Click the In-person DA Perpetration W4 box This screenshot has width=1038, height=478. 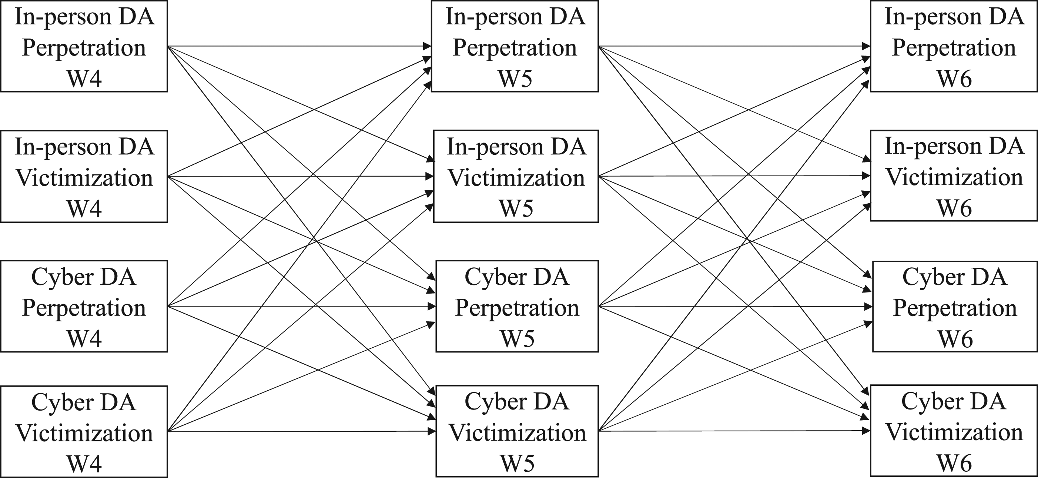[x=84, y=46]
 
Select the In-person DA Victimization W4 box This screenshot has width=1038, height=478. [x=84, y=176]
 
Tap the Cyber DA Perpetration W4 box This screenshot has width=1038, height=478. [x=84, y=306]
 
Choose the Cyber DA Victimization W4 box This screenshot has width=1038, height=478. [x=84, y=432]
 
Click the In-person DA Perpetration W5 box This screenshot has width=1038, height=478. [x=515, y=46]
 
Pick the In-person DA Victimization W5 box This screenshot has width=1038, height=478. [x=516, y=176]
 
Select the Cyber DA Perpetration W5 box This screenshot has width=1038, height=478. [x=517, y=306]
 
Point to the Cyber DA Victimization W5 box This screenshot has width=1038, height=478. [x=517, y=431]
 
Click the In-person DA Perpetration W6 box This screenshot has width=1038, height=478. [x=954, y=46]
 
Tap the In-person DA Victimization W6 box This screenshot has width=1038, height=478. [x=954, y=176]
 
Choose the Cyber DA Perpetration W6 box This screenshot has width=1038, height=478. [x=955, y=306]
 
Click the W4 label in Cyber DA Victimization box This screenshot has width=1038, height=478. [x=84, y=464]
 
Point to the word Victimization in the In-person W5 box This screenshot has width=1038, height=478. [x=516, y=178]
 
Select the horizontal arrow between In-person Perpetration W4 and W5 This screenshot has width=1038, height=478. [x=299, y=46]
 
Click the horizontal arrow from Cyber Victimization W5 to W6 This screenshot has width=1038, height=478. [x=734, y=431]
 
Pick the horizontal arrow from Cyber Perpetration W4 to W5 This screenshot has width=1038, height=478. [x=302, y=306]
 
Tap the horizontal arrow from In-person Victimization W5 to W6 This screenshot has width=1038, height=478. [x=734, y=176]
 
